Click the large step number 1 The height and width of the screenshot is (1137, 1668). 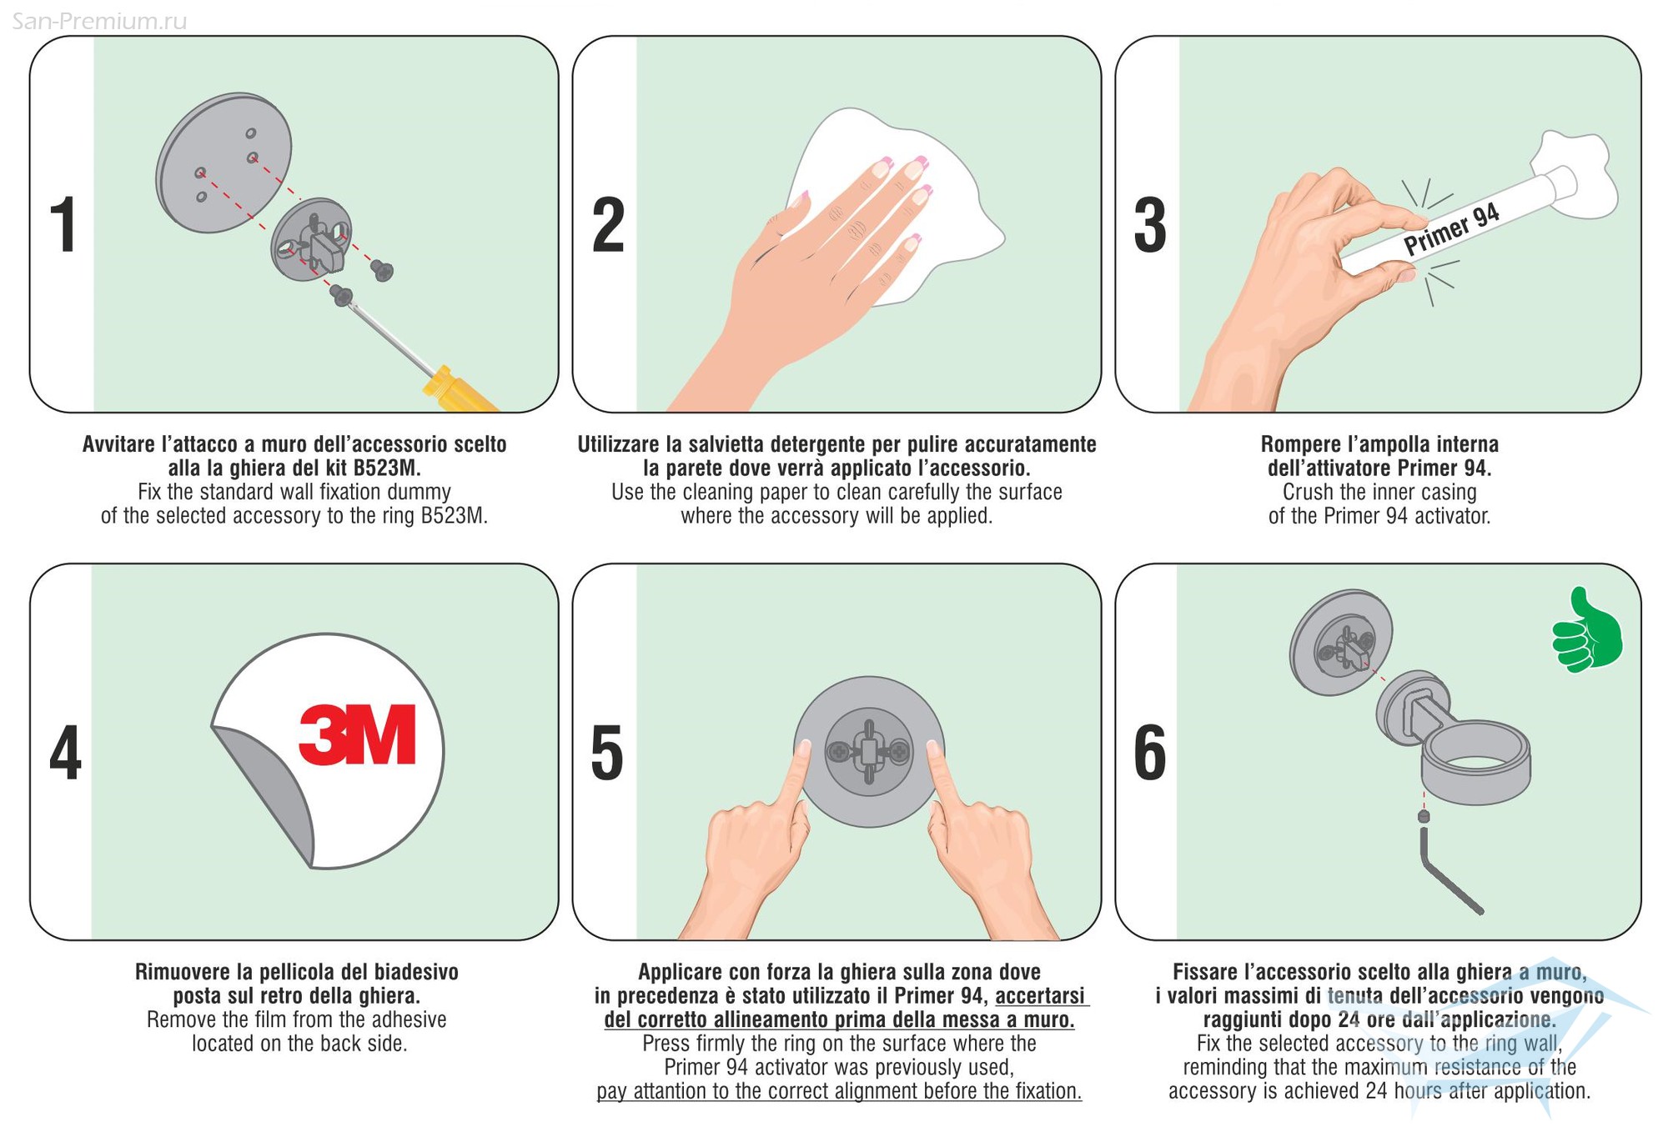click(64, 224)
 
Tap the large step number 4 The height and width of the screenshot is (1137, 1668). click(65, 752)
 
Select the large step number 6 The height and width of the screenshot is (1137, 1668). click(1150, 752)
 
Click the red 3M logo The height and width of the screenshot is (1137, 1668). click(358, 734)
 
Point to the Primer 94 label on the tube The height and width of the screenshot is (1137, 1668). click(1451, 229)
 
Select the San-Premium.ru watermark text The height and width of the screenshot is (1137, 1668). click(99, 21)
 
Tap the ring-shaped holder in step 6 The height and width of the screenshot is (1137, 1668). click(1475, 763)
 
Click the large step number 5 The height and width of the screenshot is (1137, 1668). click(607, 752)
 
